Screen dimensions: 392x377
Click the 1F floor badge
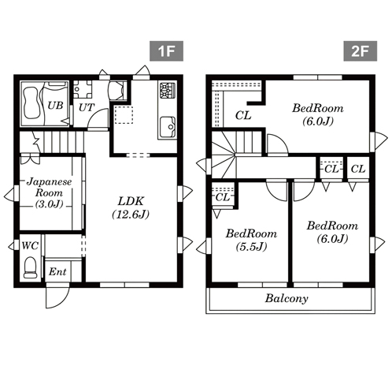pos(166,51)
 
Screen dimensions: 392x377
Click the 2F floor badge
pos(361,51)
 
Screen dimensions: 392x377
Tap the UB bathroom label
pos(55,106)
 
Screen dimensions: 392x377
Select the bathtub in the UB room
pos(31,103)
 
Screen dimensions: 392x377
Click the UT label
pos(87,107)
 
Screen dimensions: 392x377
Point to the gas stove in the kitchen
pos(168,91)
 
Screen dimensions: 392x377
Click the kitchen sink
pos(168,127)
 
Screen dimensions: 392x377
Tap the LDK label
pos(131,201)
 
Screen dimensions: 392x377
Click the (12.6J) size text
pos(131,215)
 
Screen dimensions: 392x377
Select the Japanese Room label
pos(49,187)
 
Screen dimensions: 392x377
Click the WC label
pos(30,246)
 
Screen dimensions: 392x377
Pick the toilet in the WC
pos(30,267)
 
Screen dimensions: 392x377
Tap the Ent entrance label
pos(57,271)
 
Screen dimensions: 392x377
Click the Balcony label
pos(287,298)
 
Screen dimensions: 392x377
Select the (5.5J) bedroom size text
pos(251,246)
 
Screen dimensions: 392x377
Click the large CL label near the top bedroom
pos(243,115)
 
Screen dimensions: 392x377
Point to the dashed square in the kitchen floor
pos(124,114)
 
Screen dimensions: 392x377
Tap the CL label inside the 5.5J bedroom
pos(223,197)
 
